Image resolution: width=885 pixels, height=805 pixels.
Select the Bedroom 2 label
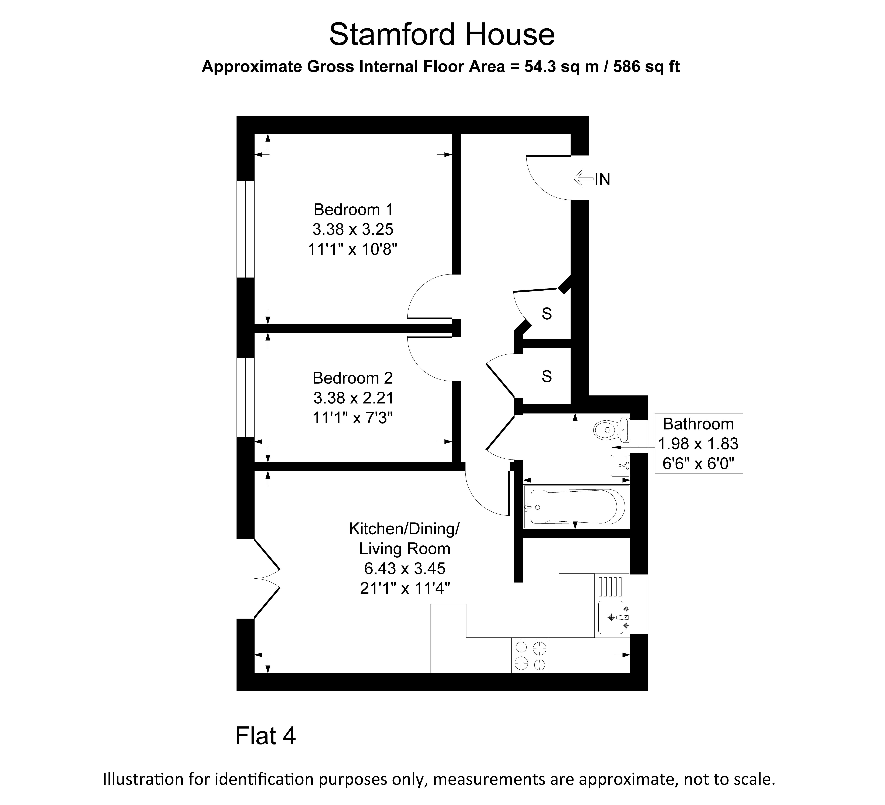pos(352,378)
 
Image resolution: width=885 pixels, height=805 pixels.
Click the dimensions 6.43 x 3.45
pos(405,569)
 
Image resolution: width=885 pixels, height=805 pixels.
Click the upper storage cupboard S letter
pos(547,314)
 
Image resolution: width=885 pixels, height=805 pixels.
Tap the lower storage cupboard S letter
pos(547,376)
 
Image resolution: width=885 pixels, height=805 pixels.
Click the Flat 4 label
pos(266,736)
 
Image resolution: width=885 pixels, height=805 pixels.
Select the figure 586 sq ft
pos(647,67)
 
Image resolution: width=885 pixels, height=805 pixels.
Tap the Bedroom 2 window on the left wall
pos(245,398)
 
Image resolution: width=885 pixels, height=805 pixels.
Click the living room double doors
pos(267,578)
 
